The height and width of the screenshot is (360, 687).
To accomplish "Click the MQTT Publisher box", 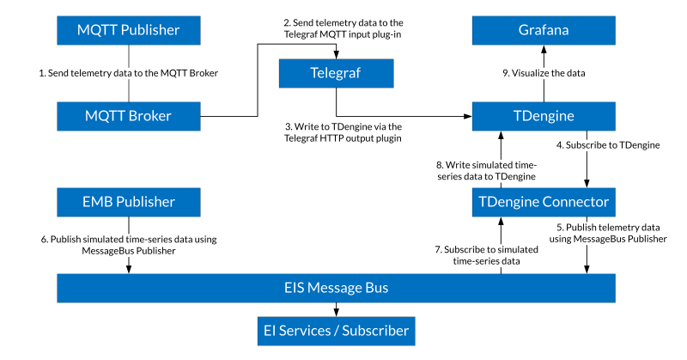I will pos(128,30).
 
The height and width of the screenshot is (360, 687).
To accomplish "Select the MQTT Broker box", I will pos(128,116).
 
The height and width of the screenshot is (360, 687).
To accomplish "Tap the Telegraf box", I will pos(336,73).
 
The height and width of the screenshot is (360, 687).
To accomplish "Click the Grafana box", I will pos(543,30).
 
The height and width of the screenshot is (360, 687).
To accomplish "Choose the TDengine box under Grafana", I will pos(543,116).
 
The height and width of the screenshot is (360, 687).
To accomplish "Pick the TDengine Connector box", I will pos(543,203).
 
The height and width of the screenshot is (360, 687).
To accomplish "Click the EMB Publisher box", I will pos(128,203).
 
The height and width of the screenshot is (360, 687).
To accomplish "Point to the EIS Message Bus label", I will pos(336,288).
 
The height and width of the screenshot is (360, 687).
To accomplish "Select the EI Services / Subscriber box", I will pos(335,331).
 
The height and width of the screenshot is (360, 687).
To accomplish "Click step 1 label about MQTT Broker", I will pos(129,74).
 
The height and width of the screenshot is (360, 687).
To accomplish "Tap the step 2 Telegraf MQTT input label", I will pos(343,27).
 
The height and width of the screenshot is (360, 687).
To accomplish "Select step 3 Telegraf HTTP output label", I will pos(343,131).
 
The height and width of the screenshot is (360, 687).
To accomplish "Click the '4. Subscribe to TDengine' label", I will pos(608,145).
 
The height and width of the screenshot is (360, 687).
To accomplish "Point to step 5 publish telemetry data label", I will pos(607,233).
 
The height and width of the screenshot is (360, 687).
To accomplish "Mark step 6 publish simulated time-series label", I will pos(129,245).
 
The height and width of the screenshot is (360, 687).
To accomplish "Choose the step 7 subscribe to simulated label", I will pos(486,254).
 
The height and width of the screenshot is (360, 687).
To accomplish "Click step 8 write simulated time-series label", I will pos(486,170).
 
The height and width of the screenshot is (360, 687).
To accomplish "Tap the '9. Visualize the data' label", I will pos(544,74).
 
